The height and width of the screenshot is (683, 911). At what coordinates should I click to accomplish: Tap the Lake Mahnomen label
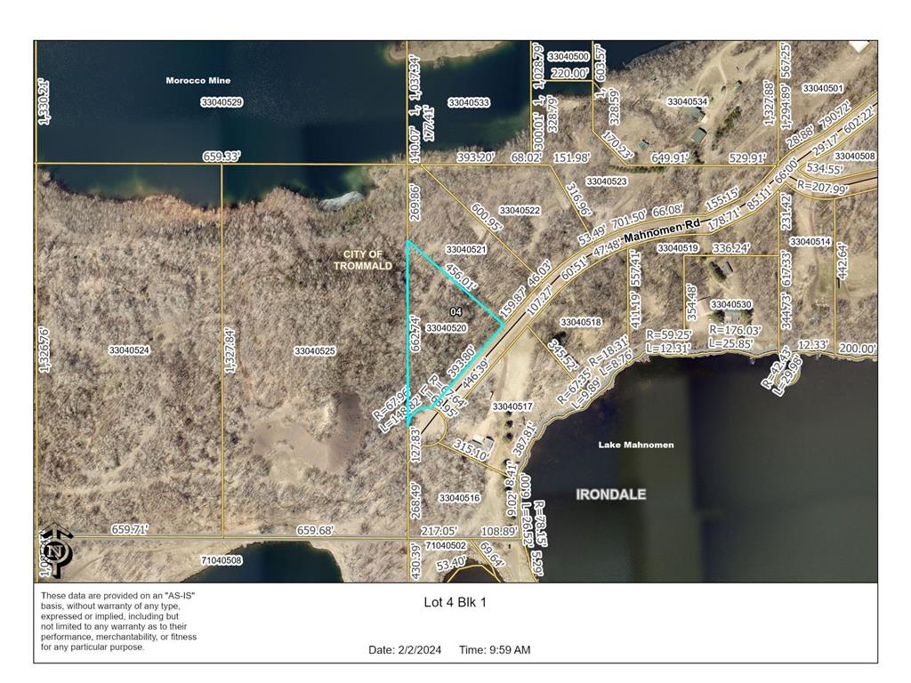(635, 445)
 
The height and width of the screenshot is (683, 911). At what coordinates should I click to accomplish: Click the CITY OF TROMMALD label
(362, 261)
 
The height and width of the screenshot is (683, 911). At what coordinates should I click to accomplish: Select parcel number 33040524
(129, 350)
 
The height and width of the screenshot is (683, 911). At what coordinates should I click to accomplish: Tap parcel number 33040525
(315, 351)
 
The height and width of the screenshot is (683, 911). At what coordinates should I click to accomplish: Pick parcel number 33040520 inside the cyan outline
(447, 328)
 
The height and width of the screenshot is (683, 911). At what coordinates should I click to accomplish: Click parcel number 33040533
(468, 103)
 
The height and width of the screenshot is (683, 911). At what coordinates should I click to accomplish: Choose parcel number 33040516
(459, 498)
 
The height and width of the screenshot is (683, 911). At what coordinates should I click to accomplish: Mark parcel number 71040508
(221, 560)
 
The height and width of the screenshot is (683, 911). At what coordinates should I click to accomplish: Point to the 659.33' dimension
(222, 157)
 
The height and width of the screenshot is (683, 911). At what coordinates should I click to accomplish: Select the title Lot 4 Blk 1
(455, 602)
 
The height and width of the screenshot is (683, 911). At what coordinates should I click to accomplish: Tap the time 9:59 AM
(509, 650)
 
